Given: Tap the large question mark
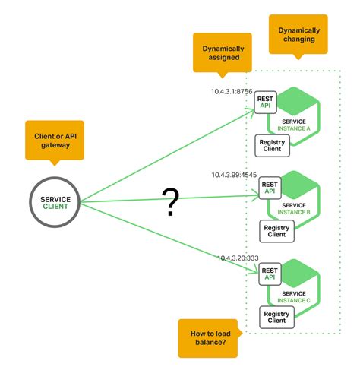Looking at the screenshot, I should tap(172, 202).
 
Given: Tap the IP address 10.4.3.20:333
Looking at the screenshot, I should tap(238, 258).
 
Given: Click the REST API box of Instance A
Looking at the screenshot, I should tap(267, 102).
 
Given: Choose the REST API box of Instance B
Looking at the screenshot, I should tap(270, 188).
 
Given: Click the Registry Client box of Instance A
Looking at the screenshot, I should tap(272, 145).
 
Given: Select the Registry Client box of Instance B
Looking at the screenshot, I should tap(276, 230).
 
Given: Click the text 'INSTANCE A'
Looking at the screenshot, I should tap(296, 128).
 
